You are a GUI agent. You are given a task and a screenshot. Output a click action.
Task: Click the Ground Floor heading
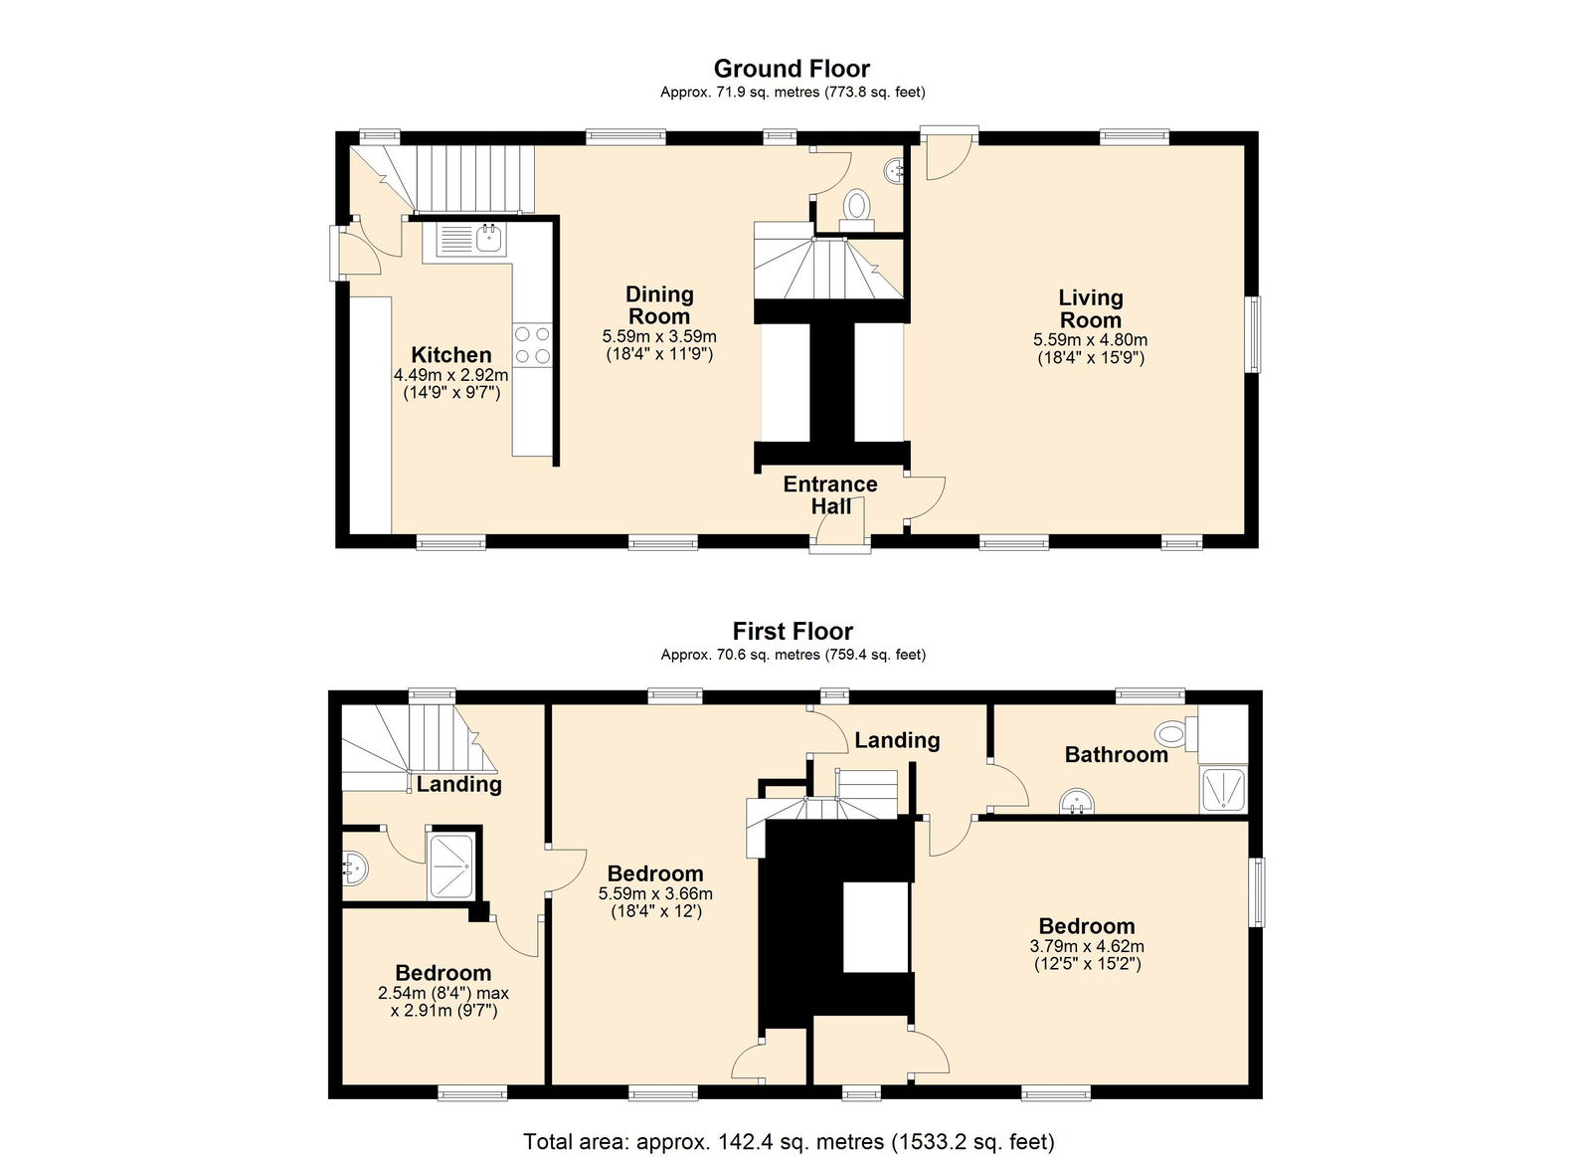click(x=792, y=69)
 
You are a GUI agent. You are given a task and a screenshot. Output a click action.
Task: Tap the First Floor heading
click(x=793, y=631)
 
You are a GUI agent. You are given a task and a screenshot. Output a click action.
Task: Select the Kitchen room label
click(x=451, y=354)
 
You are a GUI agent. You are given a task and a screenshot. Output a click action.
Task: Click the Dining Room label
click(x=659, y=304)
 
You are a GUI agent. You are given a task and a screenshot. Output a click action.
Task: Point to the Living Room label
click(x=1090, y=308)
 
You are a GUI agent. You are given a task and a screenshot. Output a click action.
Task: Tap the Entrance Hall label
click(x=830, y=494)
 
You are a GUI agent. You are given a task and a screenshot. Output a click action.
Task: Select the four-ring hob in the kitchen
click(x=532, y=344)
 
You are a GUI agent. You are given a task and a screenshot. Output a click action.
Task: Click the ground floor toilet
click(x=856, y=209)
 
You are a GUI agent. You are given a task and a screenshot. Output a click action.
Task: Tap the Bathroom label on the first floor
click(x=1116, y=754)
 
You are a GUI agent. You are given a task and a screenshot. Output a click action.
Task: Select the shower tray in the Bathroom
click(x=1222, y=789)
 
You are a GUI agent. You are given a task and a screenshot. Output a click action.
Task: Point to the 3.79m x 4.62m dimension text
click(x=1087, y=947)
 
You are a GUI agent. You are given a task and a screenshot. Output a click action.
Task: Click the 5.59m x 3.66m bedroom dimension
click(x=655, y=894)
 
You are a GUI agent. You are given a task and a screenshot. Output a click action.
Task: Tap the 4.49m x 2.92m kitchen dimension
click(x=451, y=374)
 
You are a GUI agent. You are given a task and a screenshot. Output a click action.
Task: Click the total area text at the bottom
click(x=790, y=1141)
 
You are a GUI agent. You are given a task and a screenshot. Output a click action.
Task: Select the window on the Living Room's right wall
click(x=1256, y=334)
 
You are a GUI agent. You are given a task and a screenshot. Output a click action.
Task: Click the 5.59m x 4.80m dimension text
click(x=1090, y=339)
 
